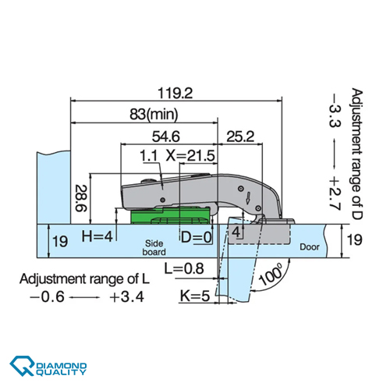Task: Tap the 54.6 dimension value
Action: (165, 136)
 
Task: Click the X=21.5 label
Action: (190, 156)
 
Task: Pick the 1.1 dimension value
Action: (149, 156)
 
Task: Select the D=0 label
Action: (196, 236)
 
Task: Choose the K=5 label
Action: (194, 296)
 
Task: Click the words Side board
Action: (153, 247)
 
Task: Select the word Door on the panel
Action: (310, 247)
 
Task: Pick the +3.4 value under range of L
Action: (126, 297)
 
